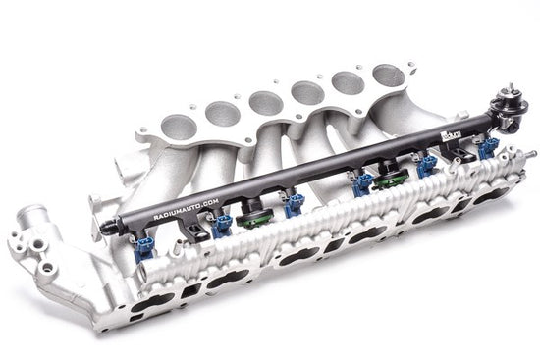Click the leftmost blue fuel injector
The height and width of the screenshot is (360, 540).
coord(144,245)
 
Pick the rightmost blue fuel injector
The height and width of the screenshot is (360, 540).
coord(488,147)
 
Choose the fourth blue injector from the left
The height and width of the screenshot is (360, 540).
coord(362,182)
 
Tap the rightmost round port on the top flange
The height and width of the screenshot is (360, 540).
coord(388,74)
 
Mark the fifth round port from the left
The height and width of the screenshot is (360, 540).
coord(349,83)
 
